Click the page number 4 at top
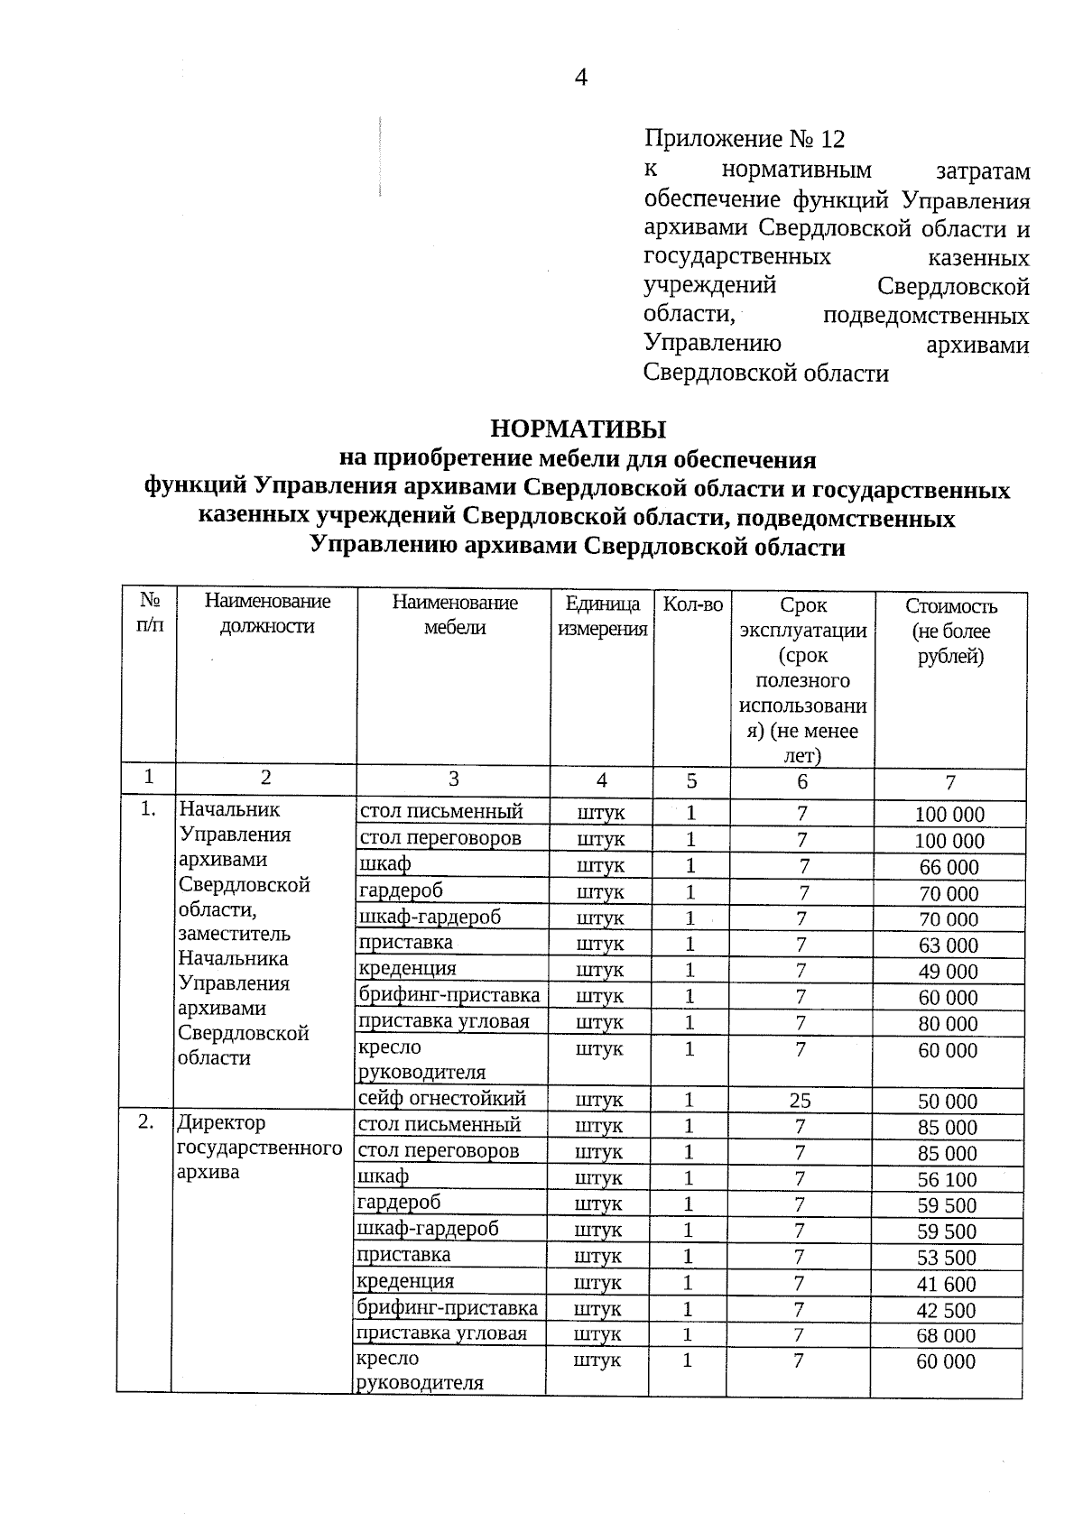[581, 78]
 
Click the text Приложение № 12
[745, 139]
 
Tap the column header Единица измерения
[602, 616]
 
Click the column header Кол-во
[692, 604]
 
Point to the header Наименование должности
[267, 613]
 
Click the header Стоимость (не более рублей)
[950, 631]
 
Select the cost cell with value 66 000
[949, 868]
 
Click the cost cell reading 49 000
[949, 972]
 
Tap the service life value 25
[800, 1101]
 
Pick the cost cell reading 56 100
[947, 1180]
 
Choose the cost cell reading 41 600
[947, 1284]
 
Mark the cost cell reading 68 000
[947, 1335]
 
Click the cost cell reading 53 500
[947, 1258]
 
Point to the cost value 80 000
[949, 1024]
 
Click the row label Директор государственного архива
[259, 1148]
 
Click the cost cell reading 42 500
[947, 1310]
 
